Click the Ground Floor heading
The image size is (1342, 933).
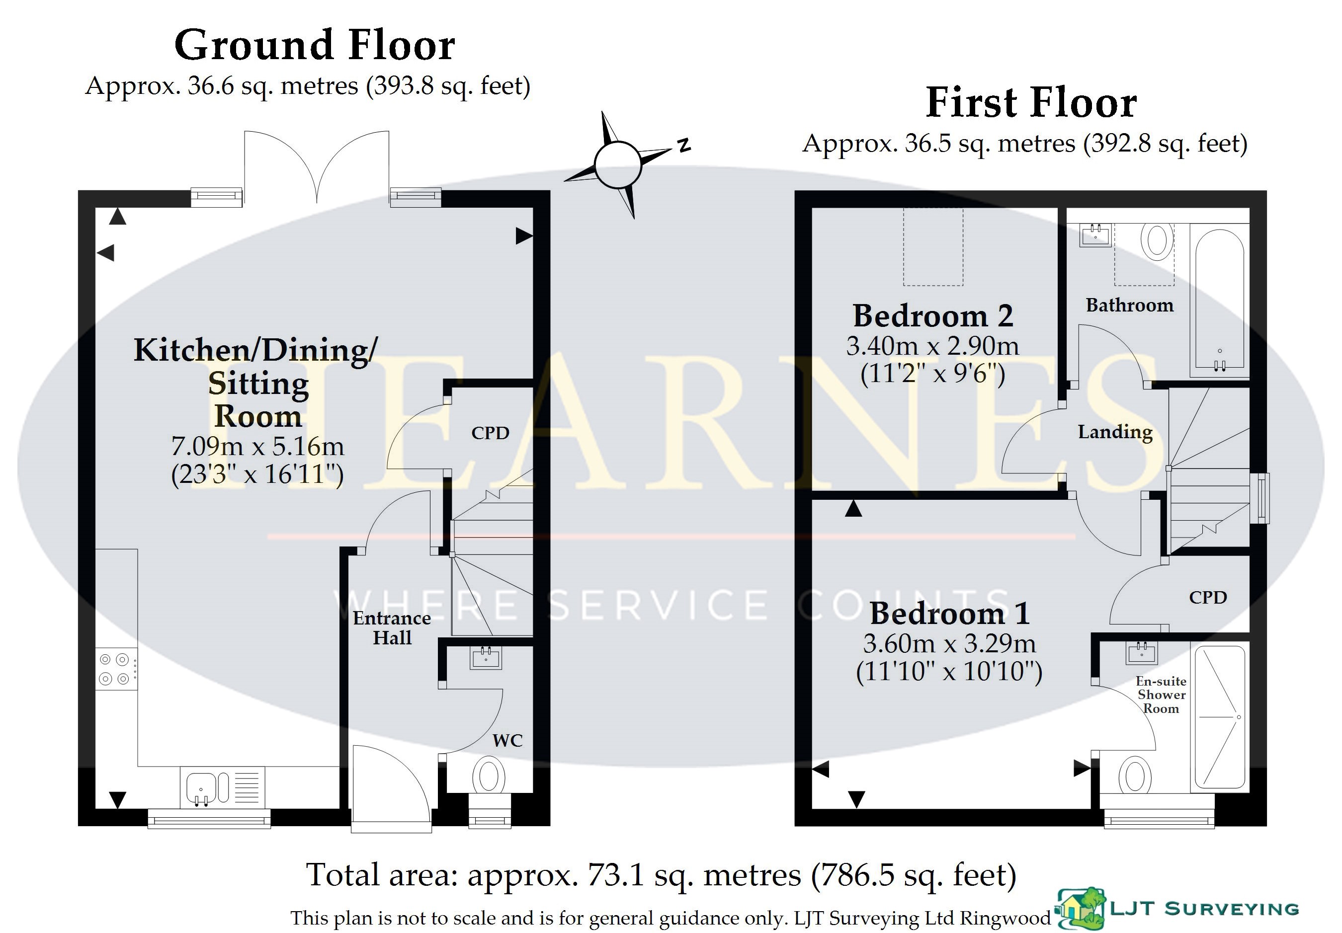pos(315,46)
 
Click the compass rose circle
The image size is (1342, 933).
pos(618,165)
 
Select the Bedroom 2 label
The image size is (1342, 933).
pos(933,316)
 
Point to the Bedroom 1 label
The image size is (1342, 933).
pos(950,614)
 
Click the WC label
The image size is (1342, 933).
pos(507,741)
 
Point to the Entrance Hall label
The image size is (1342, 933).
pos(392,627)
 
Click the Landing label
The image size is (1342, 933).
pos(1115,432)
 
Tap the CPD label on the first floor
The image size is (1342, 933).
pos(1208,598)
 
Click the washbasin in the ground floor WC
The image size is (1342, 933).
pos(486,658)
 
